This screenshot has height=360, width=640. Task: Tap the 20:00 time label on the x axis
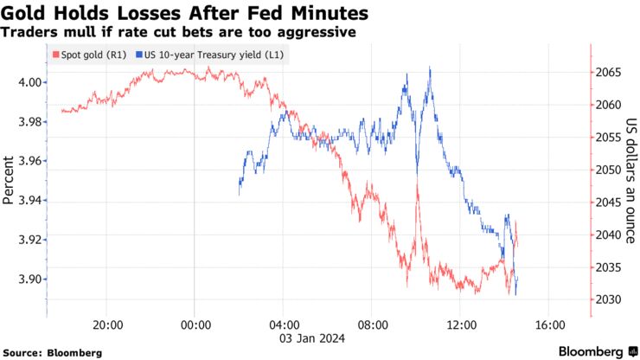point(107,325)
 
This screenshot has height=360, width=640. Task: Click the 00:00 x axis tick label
point(196,325)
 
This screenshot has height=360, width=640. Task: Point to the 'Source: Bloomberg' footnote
point(53,352)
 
